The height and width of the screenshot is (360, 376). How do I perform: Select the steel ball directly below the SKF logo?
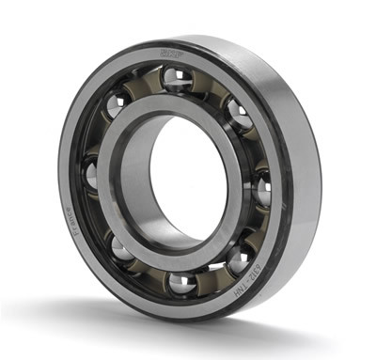tap(176, 79)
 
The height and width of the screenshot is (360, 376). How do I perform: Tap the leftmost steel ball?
tap(90, 174)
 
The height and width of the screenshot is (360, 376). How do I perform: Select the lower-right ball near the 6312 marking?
tap(239, 257)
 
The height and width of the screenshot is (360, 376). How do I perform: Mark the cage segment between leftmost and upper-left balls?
tap(100, 137)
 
